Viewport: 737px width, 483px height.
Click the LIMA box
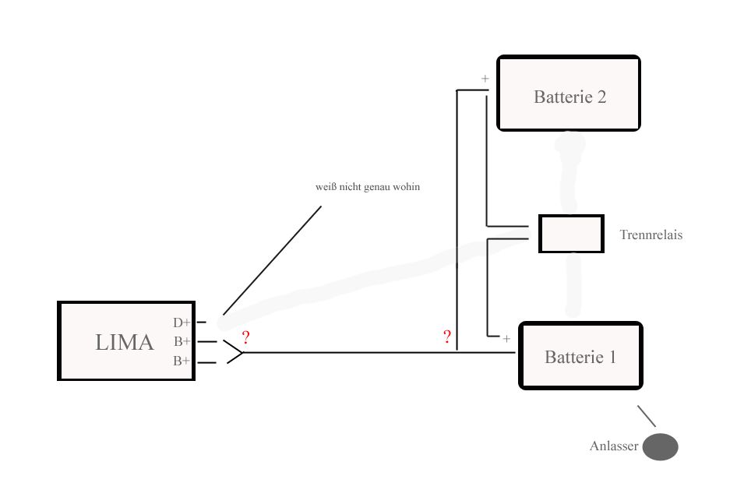pyautogui.click(x=125, y=341)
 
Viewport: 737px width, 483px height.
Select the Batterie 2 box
pyautogui.click(x=569, y=93)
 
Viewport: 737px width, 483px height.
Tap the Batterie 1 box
pyautogui.click(x=580, y=357)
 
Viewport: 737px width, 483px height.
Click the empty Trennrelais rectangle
pyautogui.click(x=571, y=234)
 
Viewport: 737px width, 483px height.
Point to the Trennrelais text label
pyautogui.click(x=651, y=234)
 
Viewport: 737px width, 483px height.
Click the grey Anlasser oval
pyautogui.click(x=661, y=447)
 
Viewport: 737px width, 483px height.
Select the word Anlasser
pyautogui.click(x=614, y=447)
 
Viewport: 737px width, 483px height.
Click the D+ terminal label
pyautogui.click(x=182, y=323)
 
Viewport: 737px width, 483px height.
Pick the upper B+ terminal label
pyautogui.click(x=182, y=341)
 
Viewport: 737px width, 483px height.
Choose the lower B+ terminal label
pyautogui.click(x=182, y=361)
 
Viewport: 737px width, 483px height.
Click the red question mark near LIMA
pyautogui.click(x=246, y=337)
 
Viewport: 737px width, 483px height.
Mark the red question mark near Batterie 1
pyautogui.click(x=447, y=337)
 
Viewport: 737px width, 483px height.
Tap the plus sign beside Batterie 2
pyautogui.click(x=485, y=79)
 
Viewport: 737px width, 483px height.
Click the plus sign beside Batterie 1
pyautogui.click(x=506, y=339)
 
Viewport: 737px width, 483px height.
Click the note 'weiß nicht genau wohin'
pyautogui.click(x=368, y=188)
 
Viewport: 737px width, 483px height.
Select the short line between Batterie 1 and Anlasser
pyautogui.click(x=647, y=416)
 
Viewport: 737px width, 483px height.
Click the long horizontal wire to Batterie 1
pyautogui.click(x=374, y=352)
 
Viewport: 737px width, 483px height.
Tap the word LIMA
pyautogui.click(x=124, y=343)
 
